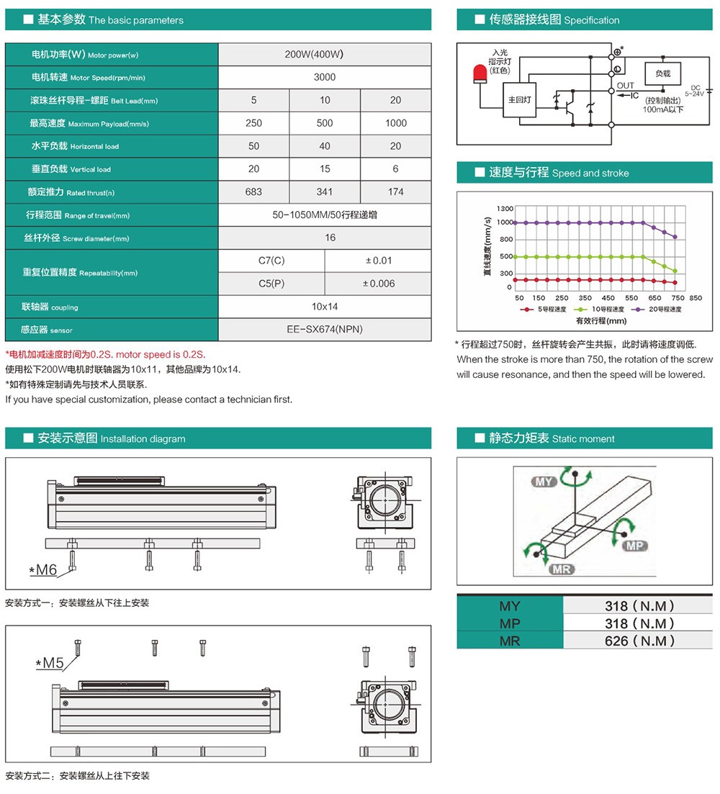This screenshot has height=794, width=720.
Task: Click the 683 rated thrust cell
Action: (x=253, y=192)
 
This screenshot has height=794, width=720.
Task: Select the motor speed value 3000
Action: (x=325, y=77)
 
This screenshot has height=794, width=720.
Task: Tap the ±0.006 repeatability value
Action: (x=379, y=284)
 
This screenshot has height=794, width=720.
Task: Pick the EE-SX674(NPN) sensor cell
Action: (x=325, y=330)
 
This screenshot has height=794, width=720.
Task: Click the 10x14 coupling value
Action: (x=325, y=307)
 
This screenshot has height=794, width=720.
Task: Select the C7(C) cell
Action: (x=271, y=261)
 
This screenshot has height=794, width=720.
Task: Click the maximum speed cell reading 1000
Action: (x=395, y=123)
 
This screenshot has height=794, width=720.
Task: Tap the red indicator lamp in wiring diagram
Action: (x=478, y=73)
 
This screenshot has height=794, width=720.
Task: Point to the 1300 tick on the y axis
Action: (x=504, y=209)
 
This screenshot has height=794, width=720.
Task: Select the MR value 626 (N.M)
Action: (x=639, y=641)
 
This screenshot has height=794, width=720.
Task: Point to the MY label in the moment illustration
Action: (x=544, y=481)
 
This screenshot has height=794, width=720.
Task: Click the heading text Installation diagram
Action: (x=143, y=439)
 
